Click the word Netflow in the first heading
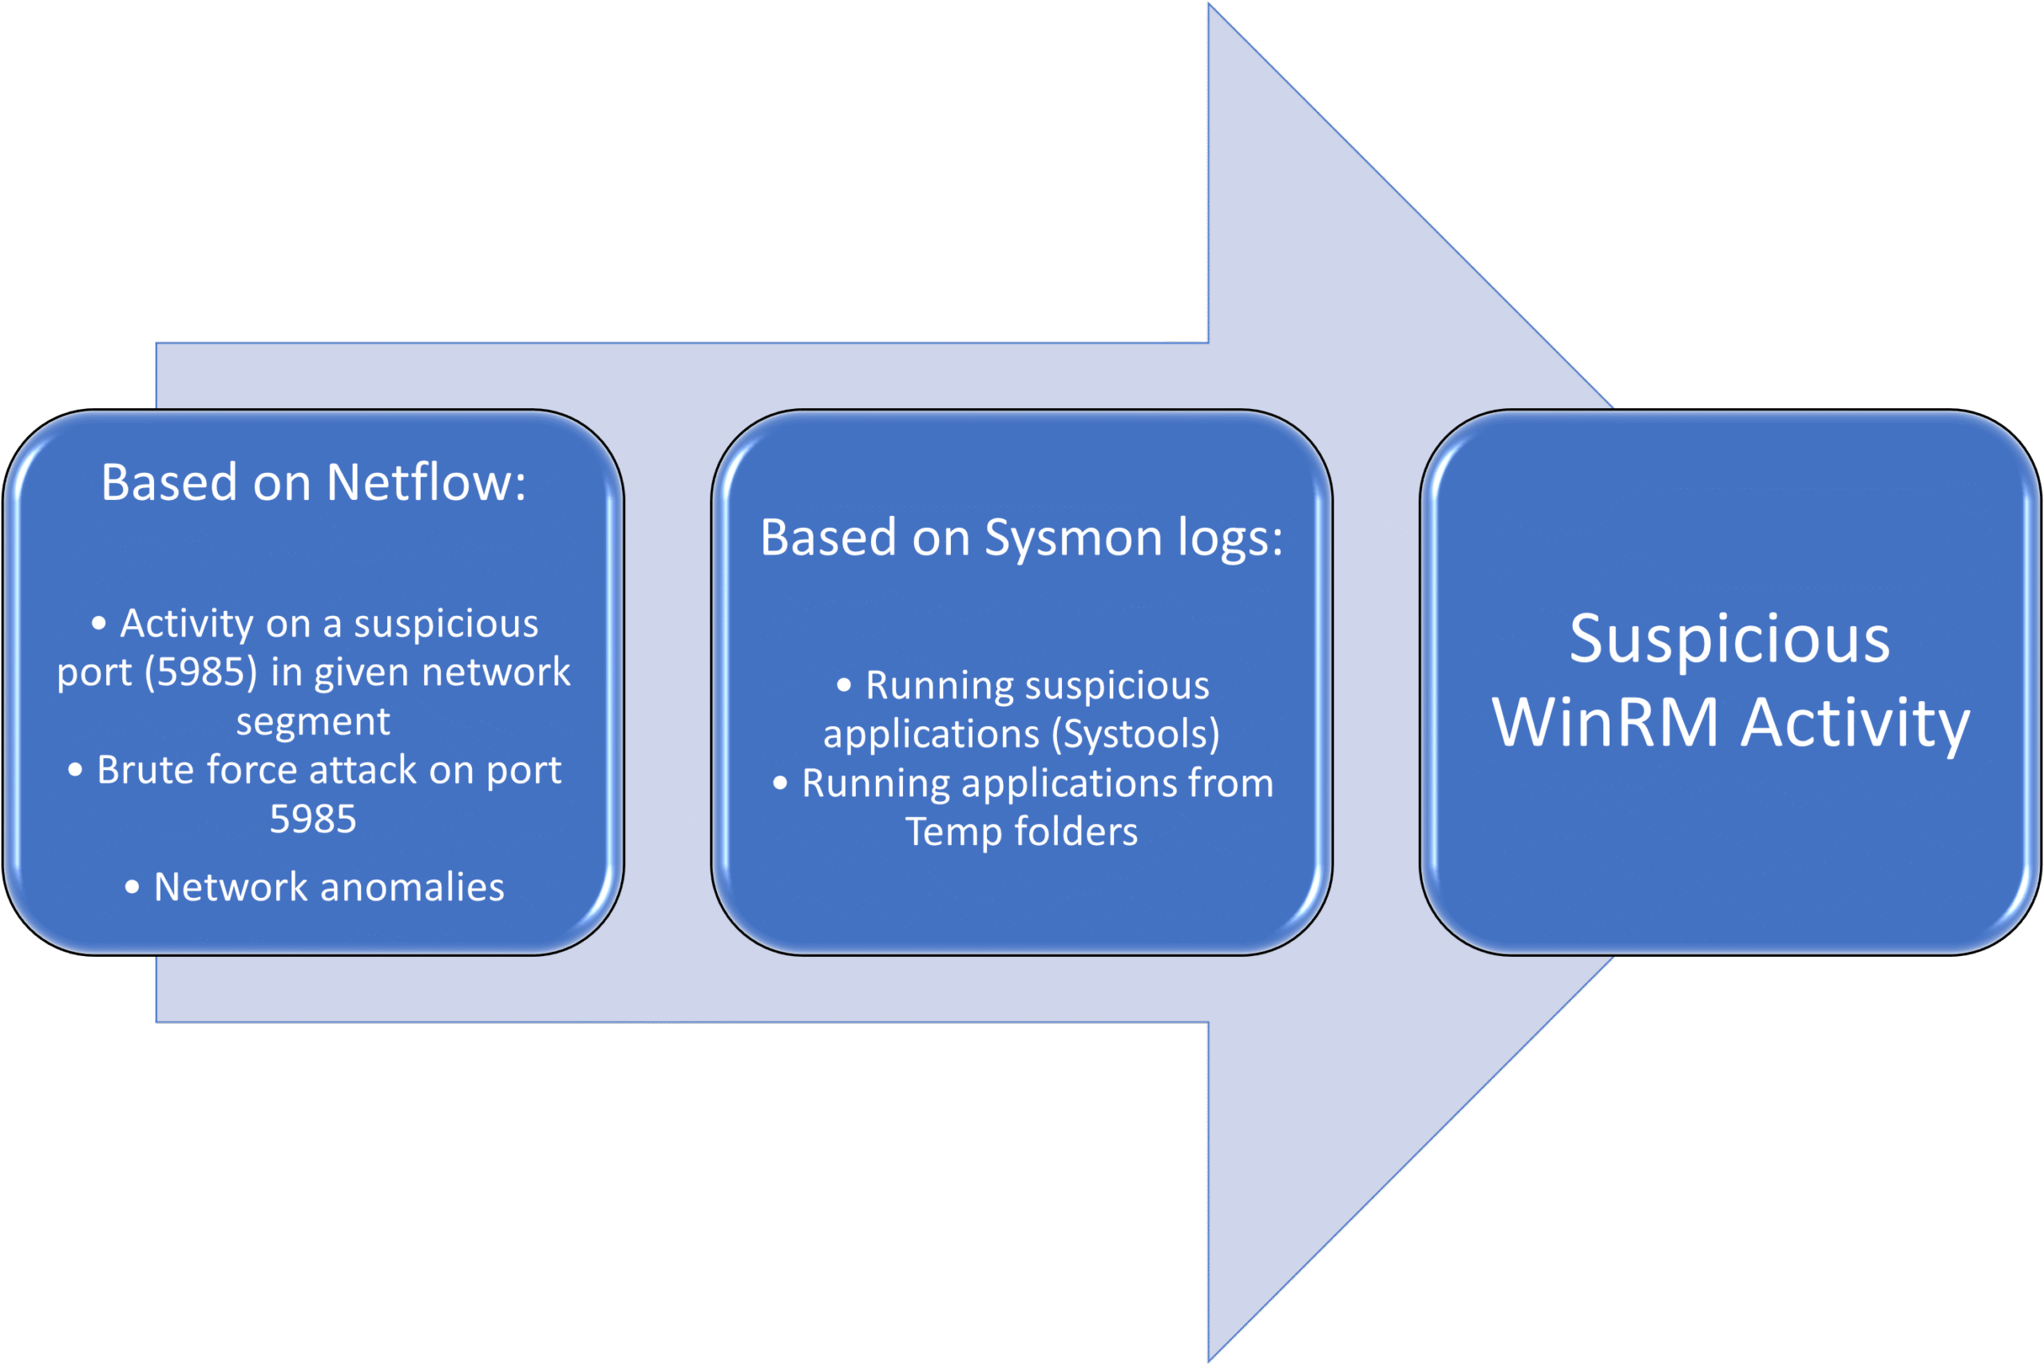(x=426, y=482)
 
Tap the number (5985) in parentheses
(x=201, y=672)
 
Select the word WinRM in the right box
(x=1605, y=723)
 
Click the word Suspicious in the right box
(x=1730, y=639)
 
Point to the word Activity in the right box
(x=1856, y=723)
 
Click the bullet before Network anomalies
(x=133, y=888)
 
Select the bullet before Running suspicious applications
(x=844, y=686)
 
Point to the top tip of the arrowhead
(x=1210, y=7)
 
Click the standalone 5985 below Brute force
(x=313, y=819)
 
